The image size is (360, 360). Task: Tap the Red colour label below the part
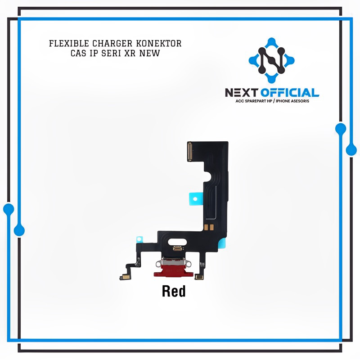pyautogui.click(x=173, y=292)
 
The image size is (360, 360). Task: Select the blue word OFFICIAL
pyautogui.click(x=291, y=93)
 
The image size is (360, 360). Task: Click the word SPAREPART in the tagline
pyautogui.click(x=254, y=101)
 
